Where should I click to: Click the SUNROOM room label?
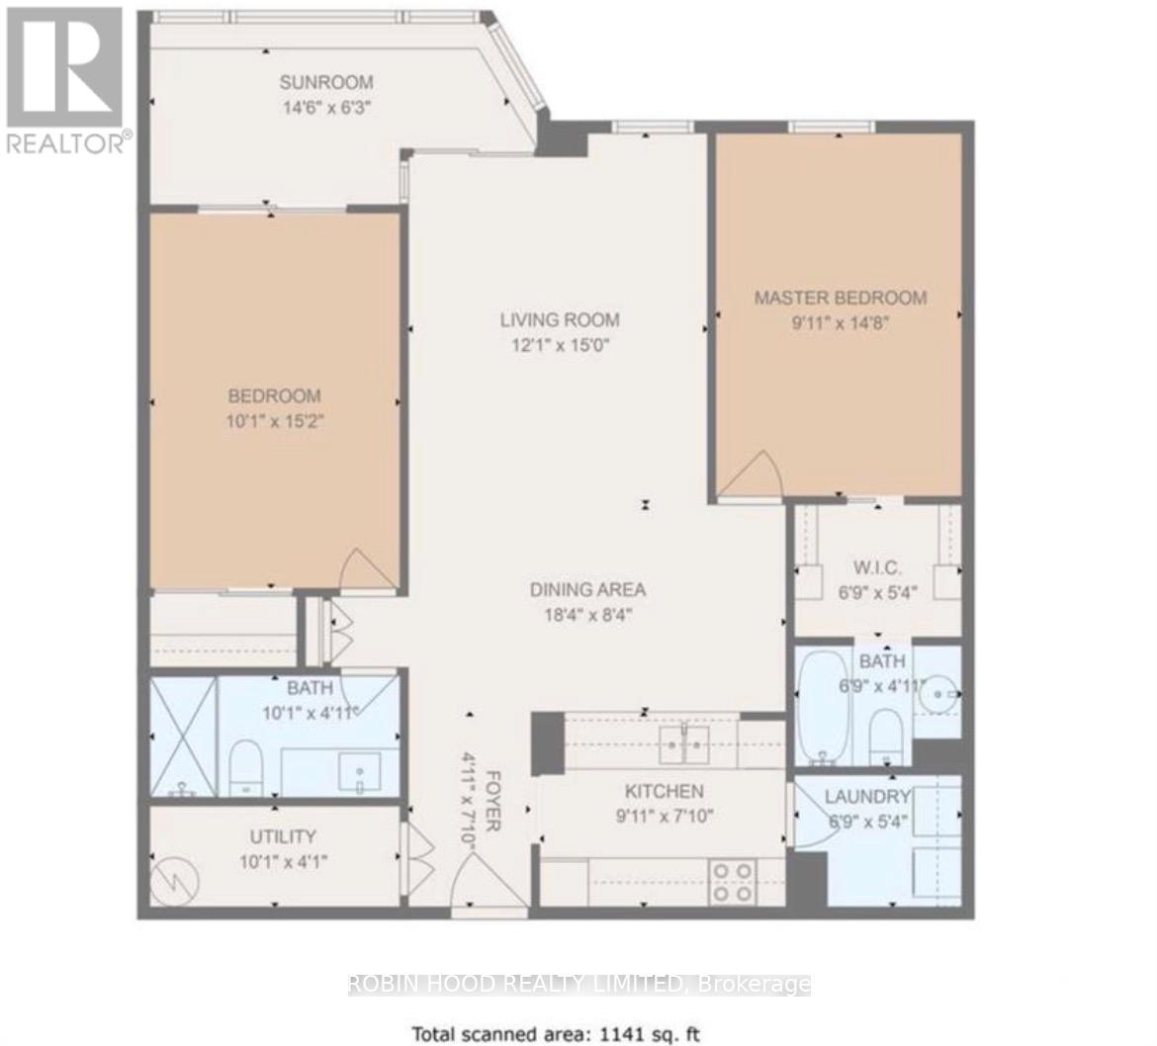[325, 82]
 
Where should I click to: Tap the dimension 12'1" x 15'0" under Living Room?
[559, 345]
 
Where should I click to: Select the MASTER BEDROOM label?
[841, 298]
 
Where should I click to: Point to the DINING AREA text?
[587, 590]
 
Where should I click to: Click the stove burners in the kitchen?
[733, 881]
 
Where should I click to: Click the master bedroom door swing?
[755, 475]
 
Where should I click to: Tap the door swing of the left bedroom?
[368, 570]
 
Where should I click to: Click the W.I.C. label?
[874, 568]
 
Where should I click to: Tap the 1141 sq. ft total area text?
[557, 1034]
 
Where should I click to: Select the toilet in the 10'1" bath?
[243, 768]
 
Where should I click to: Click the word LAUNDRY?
[866, 797]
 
